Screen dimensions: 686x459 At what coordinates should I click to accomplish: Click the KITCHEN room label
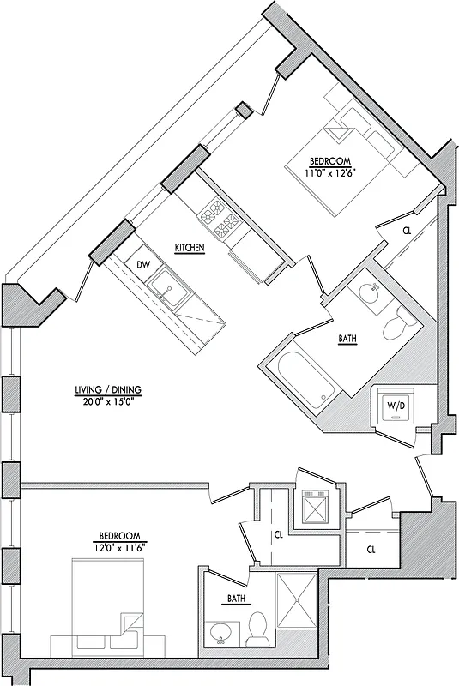point(189,248)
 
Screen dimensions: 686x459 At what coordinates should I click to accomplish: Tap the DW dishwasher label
point(142,265)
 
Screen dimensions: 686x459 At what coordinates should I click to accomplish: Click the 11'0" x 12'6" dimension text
point(330,172)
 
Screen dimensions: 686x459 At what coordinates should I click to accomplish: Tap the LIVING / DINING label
point(107,390)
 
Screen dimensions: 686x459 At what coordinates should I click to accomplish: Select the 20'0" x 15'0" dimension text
point(107,400)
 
